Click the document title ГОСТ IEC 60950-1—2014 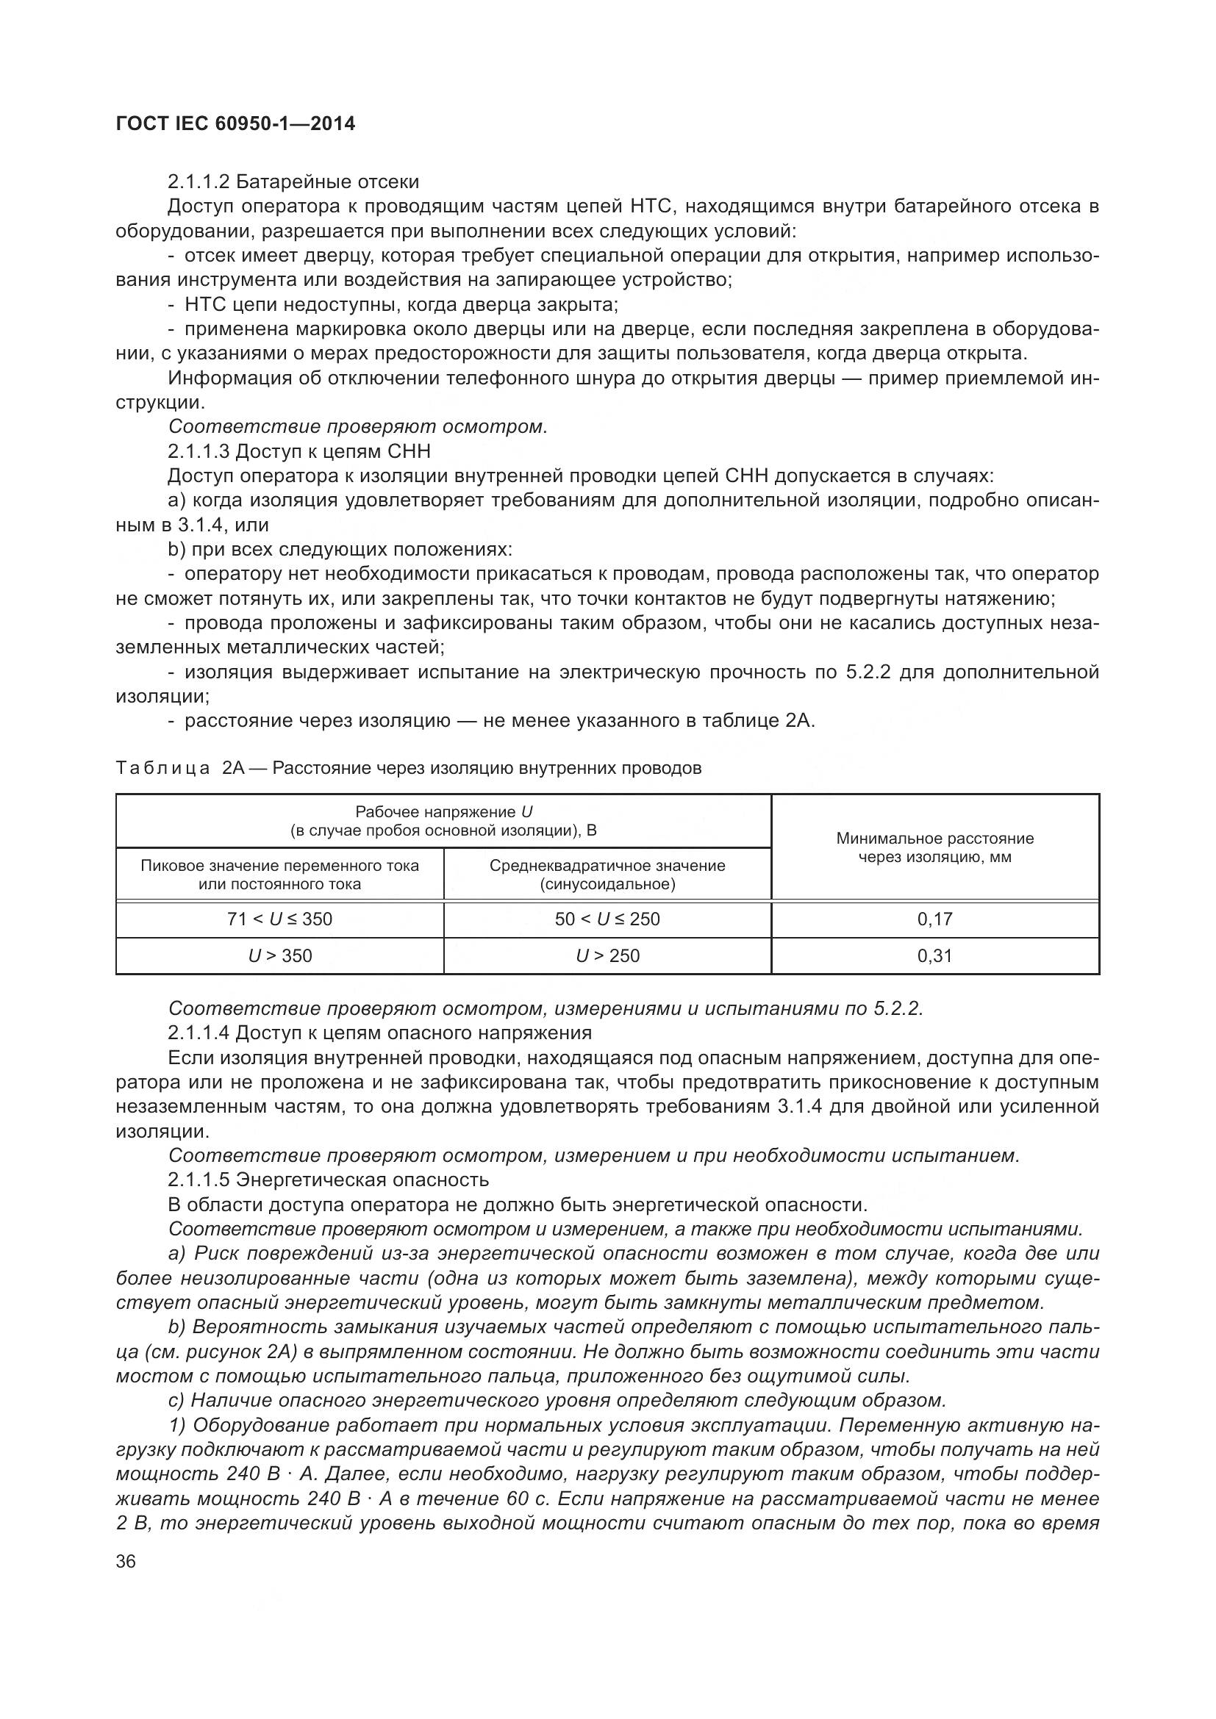[x=236, y=123]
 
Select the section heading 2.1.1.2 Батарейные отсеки [x=293, y=182]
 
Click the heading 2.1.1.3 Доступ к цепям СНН [x=298, y=451]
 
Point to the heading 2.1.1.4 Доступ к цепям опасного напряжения [x=379, y=1033]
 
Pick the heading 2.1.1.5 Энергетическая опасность [x=328, y=1180]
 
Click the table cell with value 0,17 [x=934, y=919]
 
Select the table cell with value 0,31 [x=934, y=956]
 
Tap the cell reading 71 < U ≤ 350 [x=279, y=919]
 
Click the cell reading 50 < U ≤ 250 [x=607, y=919]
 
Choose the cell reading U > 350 [x=279, y=956]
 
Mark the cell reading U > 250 [x=607, y=956]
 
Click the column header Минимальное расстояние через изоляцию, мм [x=934, y=847]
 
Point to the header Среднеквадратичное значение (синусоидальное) [x=607, y=875]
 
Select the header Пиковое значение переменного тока [x=279, y=866]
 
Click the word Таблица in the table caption [x=162, y=768]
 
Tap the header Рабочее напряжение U [x=443, y=812]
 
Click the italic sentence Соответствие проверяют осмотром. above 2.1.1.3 [x=358, y=427]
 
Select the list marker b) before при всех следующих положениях [x=176, y=550]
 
